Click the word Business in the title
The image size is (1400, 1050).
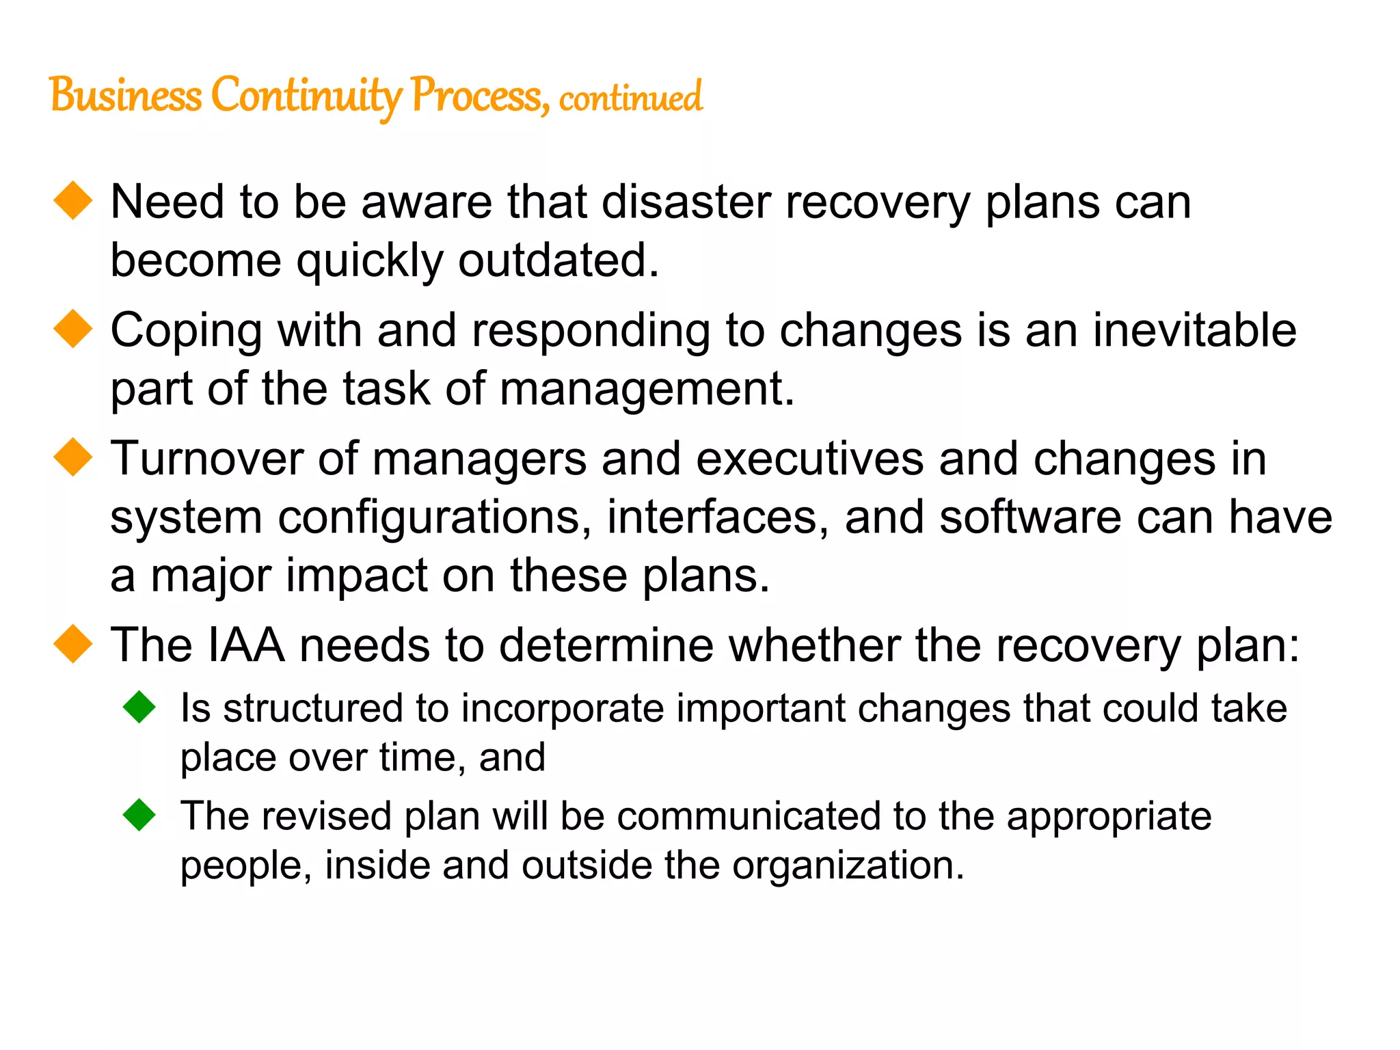[x=126, y=95]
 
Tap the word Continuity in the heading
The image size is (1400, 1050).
[x=306, y=96]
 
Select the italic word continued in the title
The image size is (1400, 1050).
[x=630, y=98]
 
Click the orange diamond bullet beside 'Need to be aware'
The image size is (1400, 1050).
[x=73, y=201]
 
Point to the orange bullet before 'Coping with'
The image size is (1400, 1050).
[x=73, y=329]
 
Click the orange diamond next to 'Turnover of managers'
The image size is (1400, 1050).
[x=73, y=457]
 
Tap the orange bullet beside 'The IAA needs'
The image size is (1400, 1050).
[x=73, y=644]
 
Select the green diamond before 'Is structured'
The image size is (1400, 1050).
[x=139, y=707]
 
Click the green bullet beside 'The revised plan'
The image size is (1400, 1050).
[x=139, y=815]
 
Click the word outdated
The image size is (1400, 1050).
[x=558, y=260]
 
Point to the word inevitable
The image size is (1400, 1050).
[x=1194, y=330]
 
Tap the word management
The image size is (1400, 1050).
[x=647, y=390]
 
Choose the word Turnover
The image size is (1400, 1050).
[x=206, y=459]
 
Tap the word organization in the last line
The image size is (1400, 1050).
[x=848, y=866]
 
